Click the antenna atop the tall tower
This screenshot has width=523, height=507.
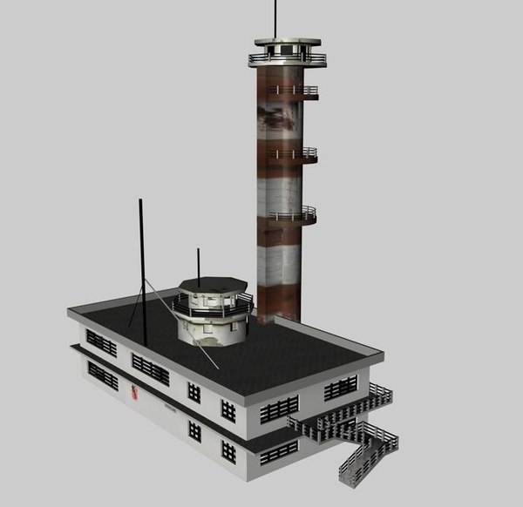tap(275, 17)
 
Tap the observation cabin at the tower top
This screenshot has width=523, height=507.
tap(286, 51)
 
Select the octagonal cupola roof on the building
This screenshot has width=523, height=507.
tap(213, 286)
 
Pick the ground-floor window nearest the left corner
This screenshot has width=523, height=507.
tap(102, 375)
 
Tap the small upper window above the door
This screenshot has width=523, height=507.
tap(194, 393)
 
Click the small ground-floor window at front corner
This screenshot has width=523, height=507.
tap(228, 451)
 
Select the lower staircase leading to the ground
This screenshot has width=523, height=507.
tap(366, 455)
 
